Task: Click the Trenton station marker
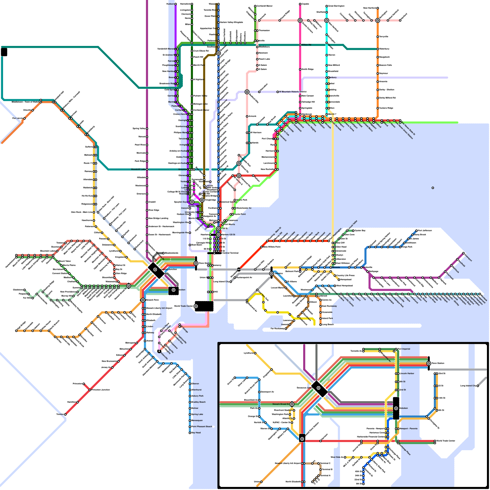tap(65, 414)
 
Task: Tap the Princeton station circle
tap(84, 384)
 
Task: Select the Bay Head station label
tap(196, 433)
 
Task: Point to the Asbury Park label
tap(197, 396)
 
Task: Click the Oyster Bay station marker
tap(353, 231)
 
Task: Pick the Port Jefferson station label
tap(425, 230)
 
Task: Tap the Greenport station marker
tap(463, 253)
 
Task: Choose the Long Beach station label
tap(328, 324)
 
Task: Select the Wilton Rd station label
tap(306, 45)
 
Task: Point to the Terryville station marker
tap(378, 37)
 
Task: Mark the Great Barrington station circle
tap(327, 6)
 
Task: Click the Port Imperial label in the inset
tap(404, 349)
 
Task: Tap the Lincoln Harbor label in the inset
tap(407, 373)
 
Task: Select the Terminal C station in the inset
tap(318, 463)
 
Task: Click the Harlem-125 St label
tap(228, 235)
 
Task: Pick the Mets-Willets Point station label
tap(272, 247)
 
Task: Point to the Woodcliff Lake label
tap(138, 169)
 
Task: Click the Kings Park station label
tap(407, 247)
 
